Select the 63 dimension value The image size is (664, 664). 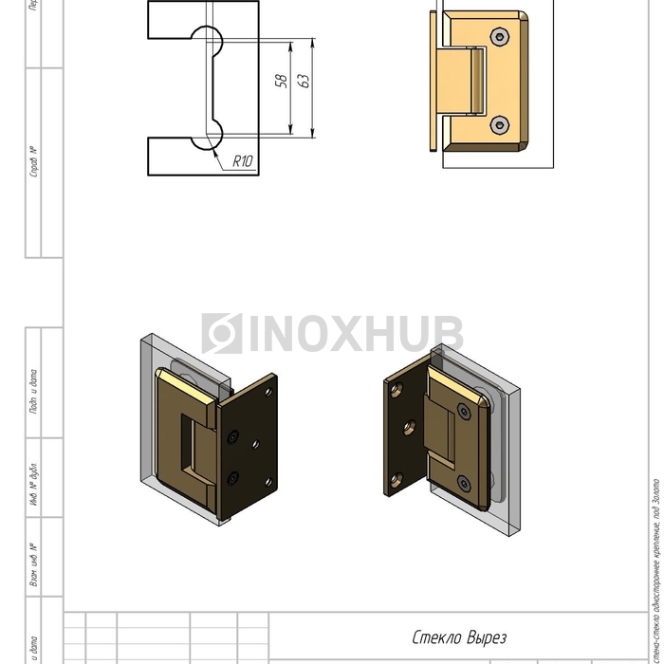[x=304, y=81]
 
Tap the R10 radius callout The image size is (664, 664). [x=243, y=161]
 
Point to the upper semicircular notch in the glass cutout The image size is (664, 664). [x=208, y=39]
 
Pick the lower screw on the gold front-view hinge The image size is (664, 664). [x=501, y=125]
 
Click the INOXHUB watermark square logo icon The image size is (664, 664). [x=222, y=334]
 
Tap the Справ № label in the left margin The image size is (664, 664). [x=34, y=162]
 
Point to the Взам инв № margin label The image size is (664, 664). [x=34, y=564]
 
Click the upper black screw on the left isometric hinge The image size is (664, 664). [x=232, y=437]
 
